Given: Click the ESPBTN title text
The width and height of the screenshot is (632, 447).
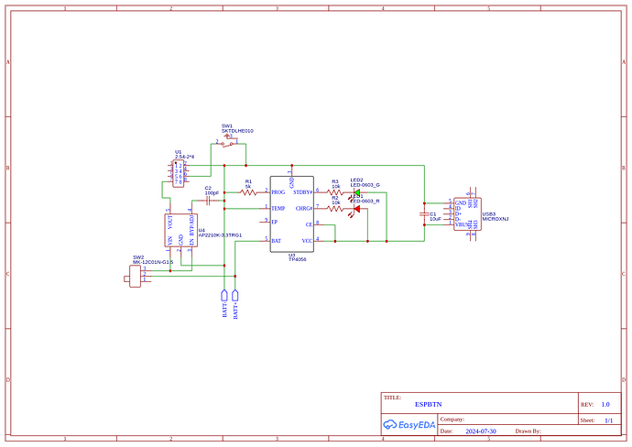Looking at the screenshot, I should [x=426, y=404].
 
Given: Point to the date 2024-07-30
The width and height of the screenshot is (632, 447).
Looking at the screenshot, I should [x=481, y=431].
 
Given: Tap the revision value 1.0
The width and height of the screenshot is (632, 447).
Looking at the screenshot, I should [x=605, y=404].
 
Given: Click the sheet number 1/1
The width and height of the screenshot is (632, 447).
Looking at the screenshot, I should [x=608, y=420].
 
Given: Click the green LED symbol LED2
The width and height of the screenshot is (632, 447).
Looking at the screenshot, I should [x=356, y=192].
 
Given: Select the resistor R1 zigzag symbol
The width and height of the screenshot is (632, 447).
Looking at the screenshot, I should [x=248, y=192].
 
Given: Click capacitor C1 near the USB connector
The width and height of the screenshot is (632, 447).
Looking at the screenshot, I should [x=424, y=217].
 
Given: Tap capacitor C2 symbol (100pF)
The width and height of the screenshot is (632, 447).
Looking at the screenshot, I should [x=209, y=201].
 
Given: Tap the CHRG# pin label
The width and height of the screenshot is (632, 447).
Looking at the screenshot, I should [x=304, y=209].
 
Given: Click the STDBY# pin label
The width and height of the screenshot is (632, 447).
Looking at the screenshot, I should [x=303, y=192].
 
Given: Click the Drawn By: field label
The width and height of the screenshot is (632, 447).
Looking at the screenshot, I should [x=528, y=431].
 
